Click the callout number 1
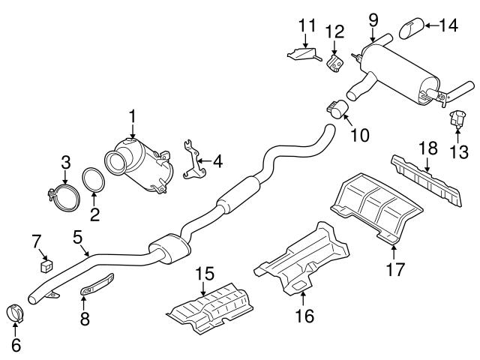tap(132, 116)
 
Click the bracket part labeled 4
tap(193, 162)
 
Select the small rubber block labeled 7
tap(47, 263)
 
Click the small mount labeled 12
tap(334, 59)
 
